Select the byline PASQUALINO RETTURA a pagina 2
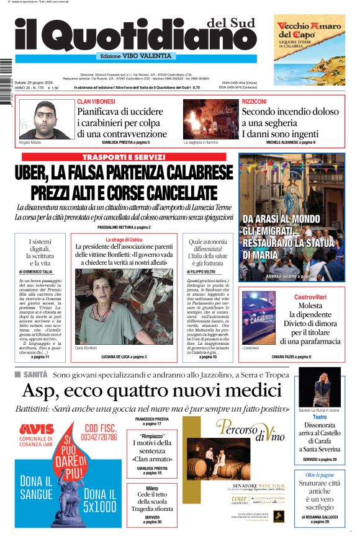(x=124, y=228)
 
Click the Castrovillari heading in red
(x=310, y=297)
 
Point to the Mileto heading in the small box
(x=152, y=489)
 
